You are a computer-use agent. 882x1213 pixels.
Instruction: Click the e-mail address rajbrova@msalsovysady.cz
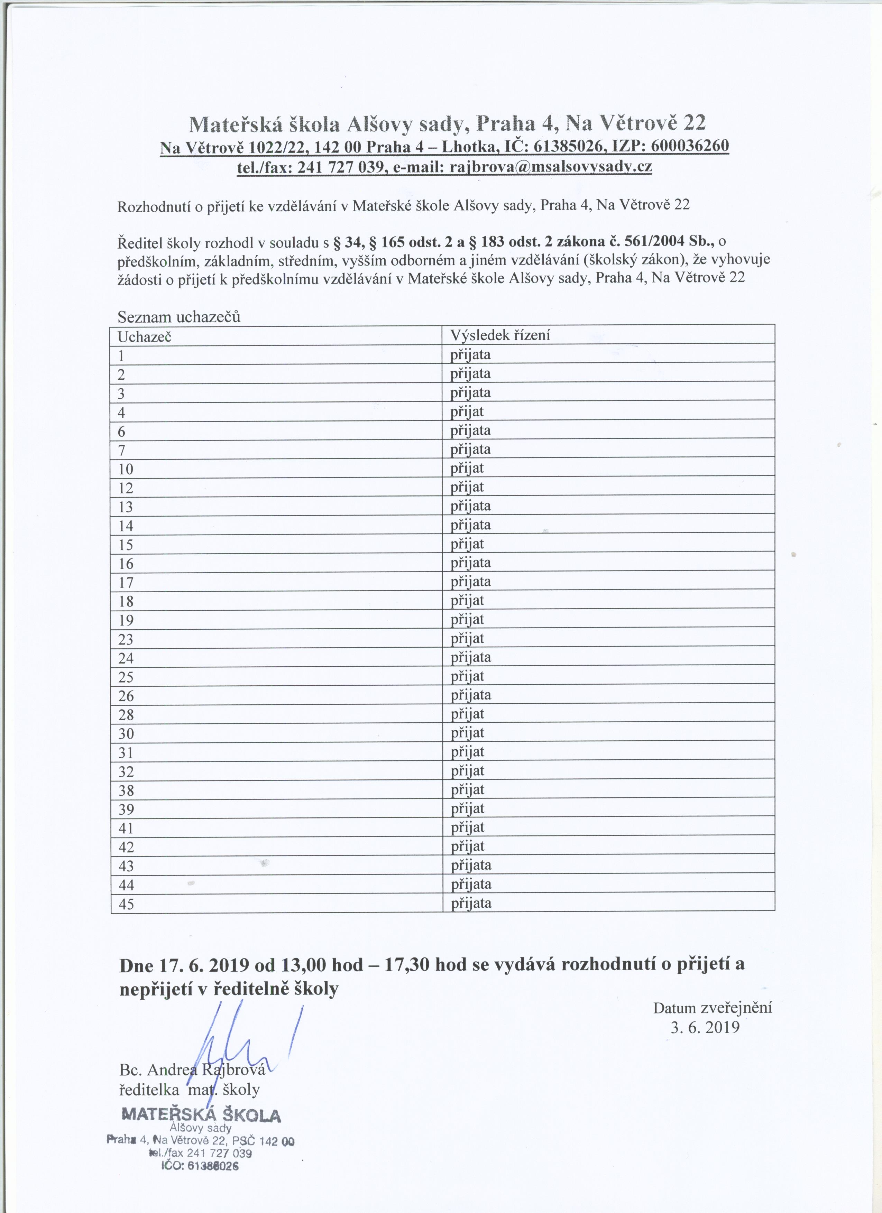coord(551,167)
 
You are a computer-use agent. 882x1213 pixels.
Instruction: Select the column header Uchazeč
coord(145,337)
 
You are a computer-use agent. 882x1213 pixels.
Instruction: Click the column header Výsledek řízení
coord(500,335)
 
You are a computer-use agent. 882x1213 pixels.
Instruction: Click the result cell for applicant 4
coord(467,412)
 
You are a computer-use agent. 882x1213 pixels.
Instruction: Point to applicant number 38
coord(126,790)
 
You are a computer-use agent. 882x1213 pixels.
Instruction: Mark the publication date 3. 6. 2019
coord(705,1027)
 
